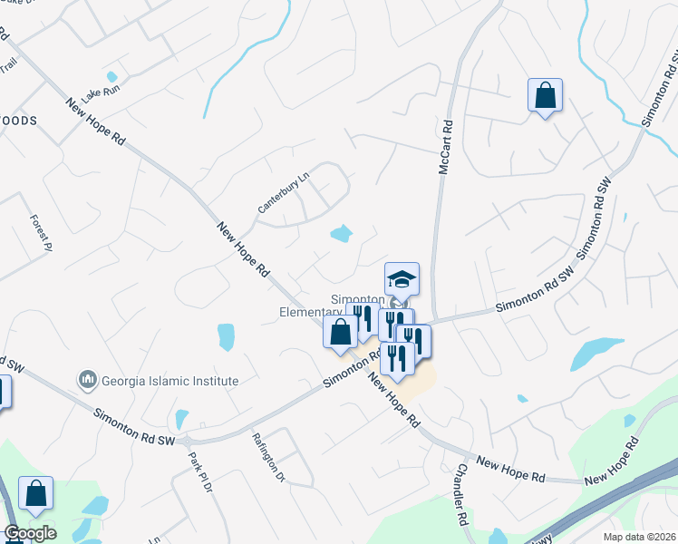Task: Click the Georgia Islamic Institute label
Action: pos(169,382)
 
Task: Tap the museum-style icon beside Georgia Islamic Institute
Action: pos(88,378)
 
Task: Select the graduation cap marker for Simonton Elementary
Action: pos(402,279)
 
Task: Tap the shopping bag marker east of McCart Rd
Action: pos(545,95)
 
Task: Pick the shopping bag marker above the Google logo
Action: pos(36,494)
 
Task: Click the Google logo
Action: pos(30,533)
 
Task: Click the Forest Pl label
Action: pos(42,233)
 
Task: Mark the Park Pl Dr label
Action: pos(199,472)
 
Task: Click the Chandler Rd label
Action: pos(461,495)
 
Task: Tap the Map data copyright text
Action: pos(640,537)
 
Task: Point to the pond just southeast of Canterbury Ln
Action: pos(341,235)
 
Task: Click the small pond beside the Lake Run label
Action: pos(111,77)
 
